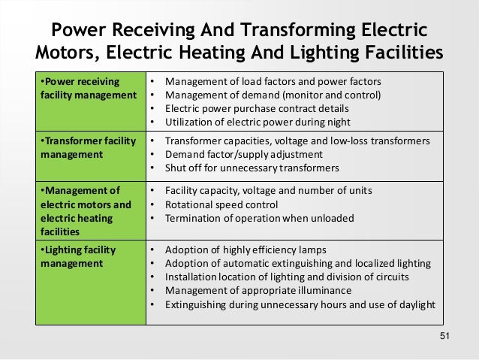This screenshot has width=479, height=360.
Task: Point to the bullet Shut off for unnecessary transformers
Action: click(x=252, y=167)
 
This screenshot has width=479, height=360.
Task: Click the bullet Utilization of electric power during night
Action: click(x=257, y=122)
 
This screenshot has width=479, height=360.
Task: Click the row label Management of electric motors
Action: click(x=83, y=203)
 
